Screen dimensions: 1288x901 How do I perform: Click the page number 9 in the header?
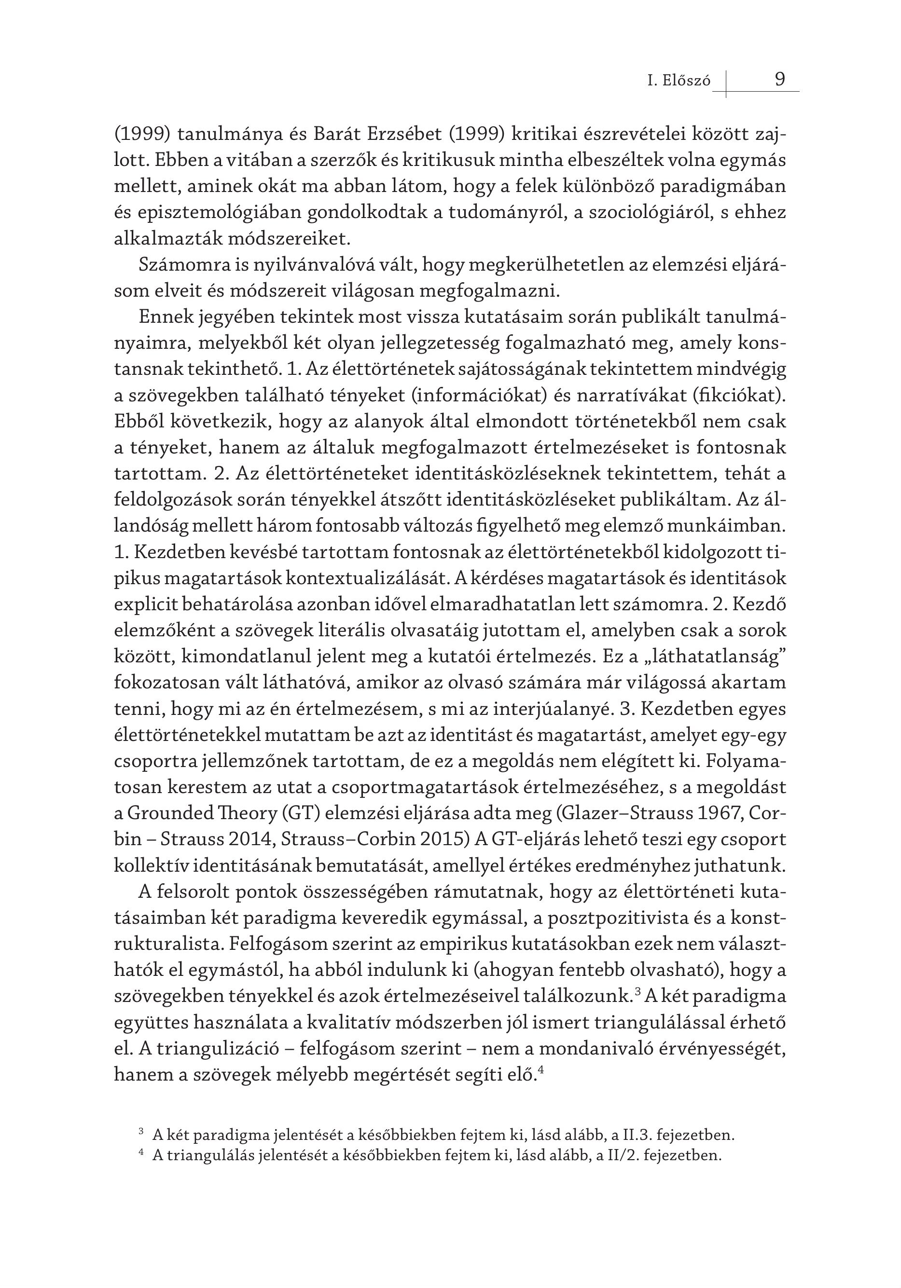click(x=780, y=79)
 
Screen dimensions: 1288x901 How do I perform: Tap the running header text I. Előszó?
click(x=679, y=82)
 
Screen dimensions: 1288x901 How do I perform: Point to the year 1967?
click(x=723, y=813)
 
